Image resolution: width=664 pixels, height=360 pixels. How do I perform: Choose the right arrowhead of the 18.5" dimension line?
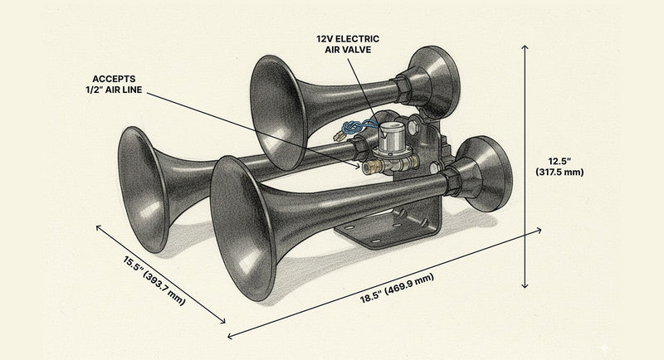coord(540,230)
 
